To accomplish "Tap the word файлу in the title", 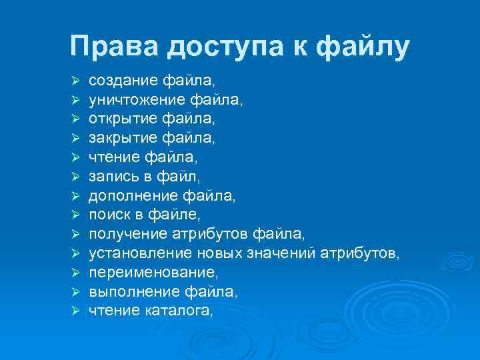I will pyautogui.click(x=363, y=48).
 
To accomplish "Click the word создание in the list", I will pyautogui.click(x=123, y=81).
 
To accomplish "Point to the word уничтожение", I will pyautogui.click(x=137, y=100).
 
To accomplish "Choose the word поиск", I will pyautogui.click(x=108, y=215).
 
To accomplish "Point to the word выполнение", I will pyautogui.click(x=129, y=291).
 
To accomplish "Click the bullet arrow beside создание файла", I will pyautogui.click(x=76, y=81).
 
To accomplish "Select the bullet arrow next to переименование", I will pyautogui.click(x=76, y=273).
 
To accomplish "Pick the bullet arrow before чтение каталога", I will pyautogui.click(x=76, y=311).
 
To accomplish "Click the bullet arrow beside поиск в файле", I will pyautogui.click(x=76, y=215).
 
